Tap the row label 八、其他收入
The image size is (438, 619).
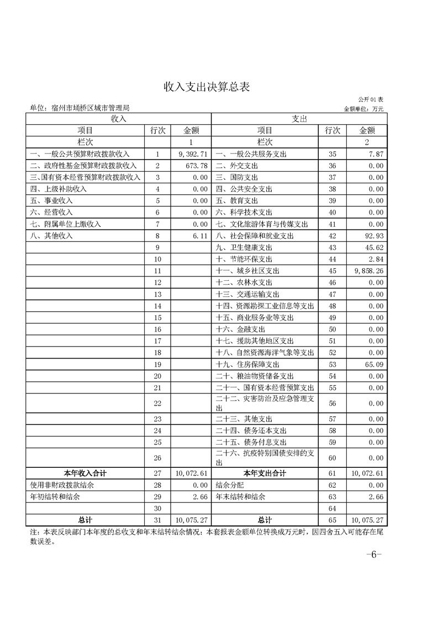point(51,236)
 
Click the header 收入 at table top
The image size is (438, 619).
point(119,119)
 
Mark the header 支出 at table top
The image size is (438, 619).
point(299,119)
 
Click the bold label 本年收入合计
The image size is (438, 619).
point(85,473)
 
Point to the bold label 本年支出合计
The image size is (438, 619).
point(265,473)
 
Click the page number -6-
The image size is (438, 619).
point(374,554)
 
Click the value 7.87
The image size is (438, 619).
point(375,154)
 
